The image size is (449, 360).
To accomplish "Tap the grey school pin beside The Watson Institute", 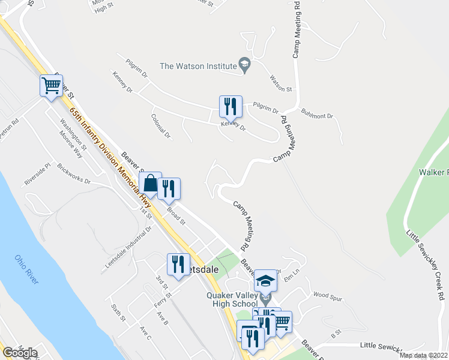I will click(244, 64).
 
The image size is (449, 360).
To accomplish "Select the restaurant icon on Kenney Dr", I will click(231, 107).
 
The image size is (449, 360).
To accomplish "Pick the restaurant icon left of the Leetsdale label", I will click(178, 265).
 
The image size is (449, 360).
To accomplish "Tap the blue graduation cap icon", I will click(265, 281).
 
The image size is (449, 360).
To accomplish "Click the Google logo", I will click(19, 353).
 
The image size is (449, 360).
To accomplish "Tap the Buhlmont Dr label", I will click(316, 112).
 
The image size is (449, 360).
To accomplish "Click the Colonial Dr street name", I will click(161, 127).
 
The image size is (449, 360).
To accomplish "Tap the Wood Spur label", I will click(327, 295).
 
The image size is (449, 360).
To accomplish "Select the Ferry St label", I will click(163, 296).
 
